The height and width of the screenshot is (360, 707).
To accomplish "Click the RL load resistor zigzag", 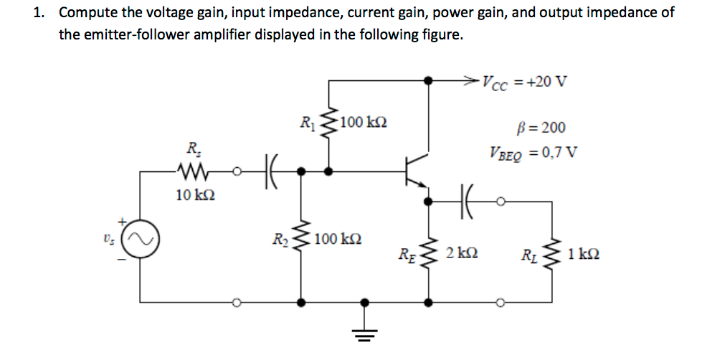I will (552, 252).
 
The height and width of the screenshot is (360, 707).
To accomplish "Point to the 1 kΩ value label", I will (583, 252).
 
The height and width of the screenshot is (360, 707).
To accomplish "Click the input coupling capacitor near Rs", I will (272, 171).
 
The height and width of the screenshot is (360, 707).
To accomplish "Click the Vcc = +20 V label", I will (524, 80).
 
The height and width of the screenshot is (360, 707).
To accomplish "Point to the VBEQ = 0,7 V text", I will (534, 151).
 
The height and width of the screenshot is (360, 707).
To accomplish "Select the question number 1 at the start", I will (39, 13).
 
